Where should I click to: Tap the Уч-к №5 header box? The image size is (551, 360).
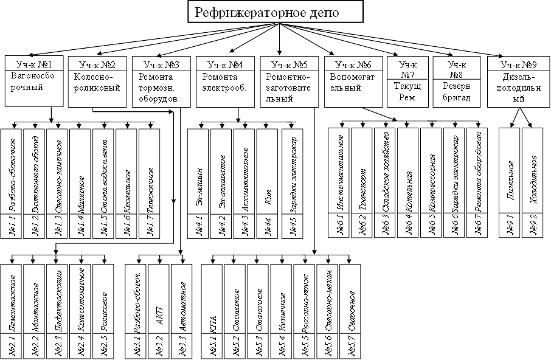pos(289,63)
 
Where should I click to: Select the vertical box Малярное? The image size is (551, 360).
pos(80,171)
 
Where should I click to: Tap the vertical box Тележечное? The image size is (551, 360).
pos(150,171)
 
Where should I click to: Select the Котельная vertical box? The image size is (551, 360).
pos(407,171)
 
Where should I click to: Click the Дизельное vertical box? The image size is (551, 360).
pos(510,171)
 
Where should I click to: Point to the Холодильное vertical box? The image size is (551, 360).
pos(533,171)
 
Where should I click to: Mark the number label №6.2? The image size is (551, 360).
pos(361,225)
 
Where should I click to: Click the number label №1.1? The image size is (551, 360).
pos(11,225)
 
